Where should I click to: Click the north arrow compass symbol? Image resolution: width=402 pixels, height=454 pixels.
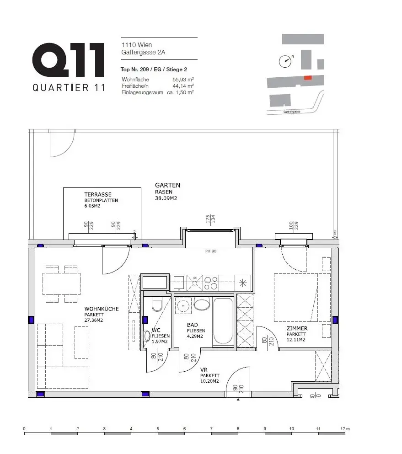pyautogui.click(x=286, y=60)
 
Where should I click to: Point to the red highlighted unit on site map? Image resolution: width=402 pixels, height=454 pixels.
pyautogui.click(x=309, y=78)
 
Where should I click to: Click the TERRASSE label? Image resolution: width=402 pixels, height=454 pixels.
pyautogui.click(x=97, y=194)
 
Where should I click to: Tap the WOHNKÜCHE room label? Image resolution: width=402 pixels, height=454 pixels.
pyautogui.click(x=101, y=309)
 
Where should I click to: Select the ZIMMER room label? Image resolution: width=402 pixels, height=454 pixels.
pyautogui.click(x=297, y=328)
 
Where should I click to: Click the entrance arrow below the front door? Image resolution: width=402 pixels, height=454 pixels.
pyautogui.click(x=238, y=400)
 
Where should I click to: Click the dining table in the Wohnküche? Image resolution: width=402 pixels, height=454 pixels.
pyautogui.click(x=61, y=283)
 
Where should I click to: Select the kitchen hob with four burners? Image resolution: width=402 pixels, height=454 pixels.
pyautogui.click(x=211, y=283)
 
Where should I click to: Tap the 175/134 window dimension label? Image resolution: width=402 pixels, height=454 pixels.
pyautogui.click(x=210, y=219)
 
